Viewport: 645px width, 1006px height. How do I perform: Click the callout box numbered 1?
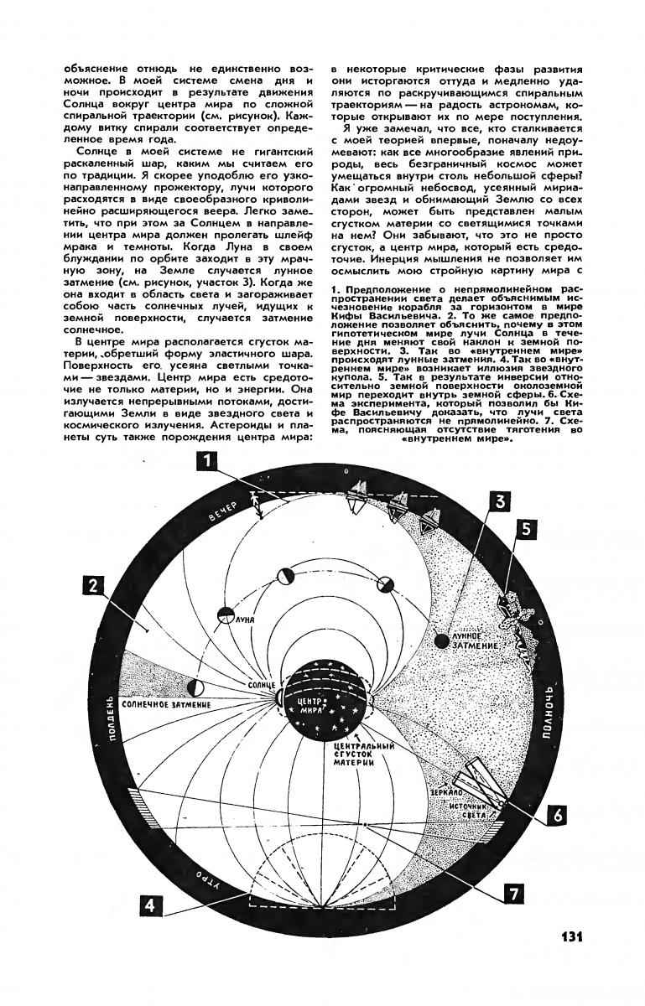pos(206,462)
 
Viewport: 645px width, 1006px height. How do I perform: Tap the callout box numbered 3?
pos(500,501)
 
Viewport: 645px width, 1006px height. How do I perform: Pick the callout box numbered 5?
pos(526,529)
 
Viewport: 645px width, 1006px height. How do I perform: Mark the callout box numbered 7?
pos(510,894)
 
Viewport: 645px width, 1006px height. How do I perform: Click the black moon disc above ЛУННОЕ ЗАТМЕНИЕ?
pos(440,640)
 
